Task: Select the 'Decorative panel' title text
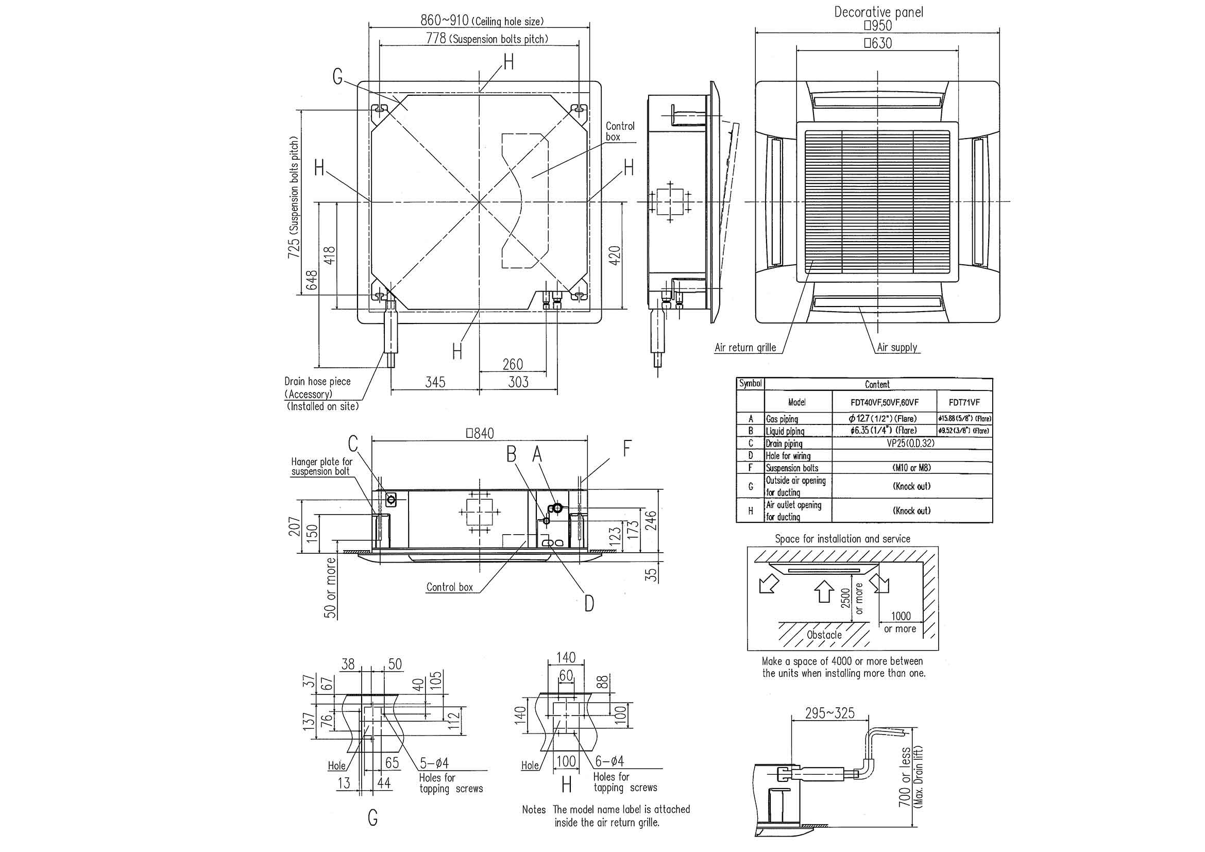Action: pos(878,12)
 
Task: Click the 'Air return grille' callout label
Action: pos(745,347)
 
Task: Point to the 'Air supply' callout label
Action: pos(897,347)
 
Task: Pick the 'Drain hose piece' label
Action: pos(317,381)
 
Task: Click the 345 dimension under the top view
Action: pos(435,381)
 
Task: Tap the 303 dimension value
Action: pos(518,381)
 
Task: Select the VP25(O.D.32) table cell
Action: pos(912,444)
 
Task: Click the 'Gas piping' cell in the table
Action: pos(782,419)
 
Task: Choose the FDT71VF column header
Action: pos(964,402)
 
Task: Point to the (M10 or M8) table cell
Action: pos(912,467)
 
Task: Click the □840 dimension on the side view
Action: pos(480,433)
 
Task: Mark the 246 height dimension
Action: pos(651,520)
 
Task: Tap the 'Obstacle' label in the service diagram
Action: pos(824,635)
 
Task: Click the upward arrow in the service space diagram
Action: pos(823,590)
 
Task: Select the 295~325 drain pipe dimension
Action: pos(830,713)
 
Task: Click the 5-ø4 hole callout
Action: pos(434,763)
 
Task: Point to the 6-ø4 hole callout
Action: pos(609,761)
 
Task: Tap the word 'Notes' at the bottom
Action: pos(534,810)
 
